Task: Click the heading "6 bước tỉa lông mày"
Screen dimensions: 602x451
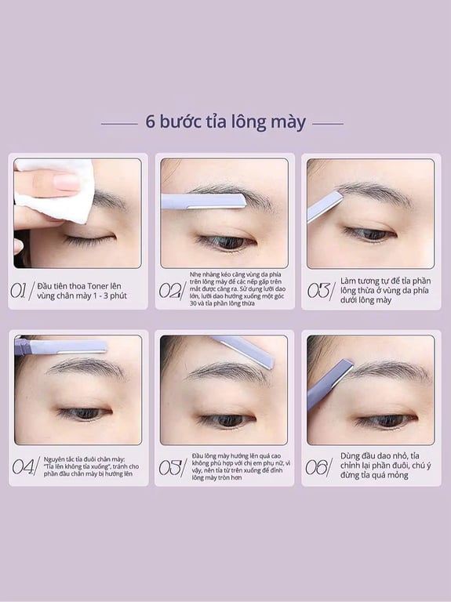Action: [225, 122]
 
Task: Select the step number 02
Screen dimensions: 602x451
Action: [170, 291]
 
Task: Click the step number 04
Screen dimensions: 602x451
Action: [23, 466]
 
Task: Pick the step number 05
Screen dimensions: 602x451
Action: [170, 467]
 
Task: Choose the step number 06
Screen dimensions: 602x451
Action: [317, 466]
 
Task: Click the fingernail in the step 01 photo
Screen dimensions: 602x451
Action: [66, 182]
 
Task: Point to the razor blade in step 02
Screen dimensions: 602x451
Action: [204, 201]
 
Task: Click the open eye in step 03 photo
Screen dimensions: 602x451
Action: [369, 234]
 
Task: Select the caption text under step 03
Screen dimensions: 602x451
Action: [384, 291]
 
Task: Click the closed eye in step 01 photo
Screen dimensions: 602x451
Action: [87, 238]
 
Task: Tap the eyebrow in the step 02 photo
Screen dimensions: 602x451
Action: [227, 192]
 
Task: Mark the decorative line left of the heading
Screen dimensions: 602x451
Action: [119, 123]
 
